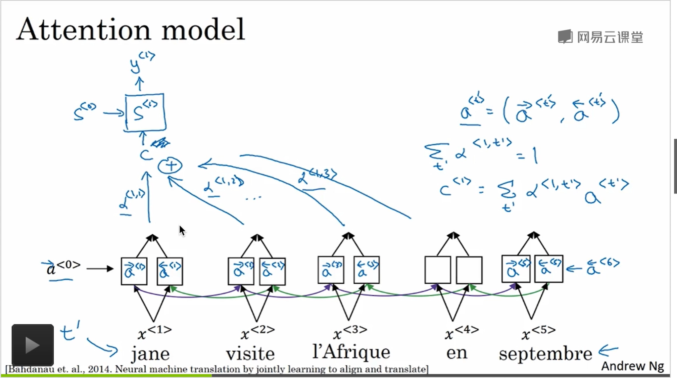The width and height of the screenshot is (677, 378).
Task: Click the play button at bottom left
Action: coord(33,345)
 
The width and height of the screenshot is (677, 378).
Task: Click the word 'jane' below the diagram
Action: coord(150,354)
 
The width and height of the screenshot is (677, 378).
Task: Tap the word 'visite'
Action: coord(250,353)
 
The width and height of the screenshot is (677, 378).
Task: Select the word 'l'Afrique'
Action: coord(351,352)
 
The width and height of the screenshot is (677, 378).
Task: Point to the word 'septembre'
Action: coord(545,354)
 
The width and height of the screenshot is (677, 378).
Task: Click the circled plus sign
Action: coord(170,166)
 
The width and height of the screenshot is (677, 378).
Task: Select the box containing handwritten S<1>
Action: coord(145,113)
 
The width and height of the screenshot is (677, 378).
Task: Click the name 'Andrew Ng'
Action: coord(632,366)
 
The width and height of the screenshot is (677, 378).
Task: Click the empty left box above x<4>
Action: coord(437,270)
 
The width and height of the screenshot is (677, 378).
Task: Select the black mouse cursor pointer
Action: coord(182,230)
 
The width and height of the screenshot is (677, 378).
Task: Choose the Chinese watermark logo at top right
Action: coord(600,37)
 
